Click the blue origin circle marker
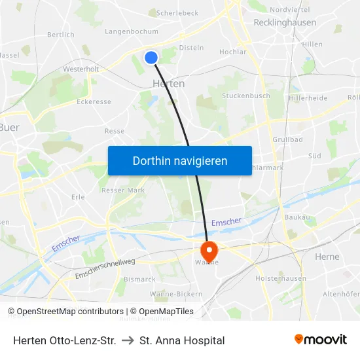[x=151, y=58]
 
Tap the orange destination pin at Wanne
[x=209, y=250]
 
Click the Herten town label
[x=168, y=84]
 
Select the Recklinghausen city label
[x=285, y=22]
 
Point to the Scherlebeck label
[x=177, y=12]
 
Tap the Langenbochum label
[x=131, y=31]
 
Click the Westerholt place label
[x=81, y=69]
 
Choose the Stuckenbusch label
[x=246, y=96]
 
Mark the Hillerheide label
[x=308, y=98]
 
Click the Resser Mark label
[x=123, y=190]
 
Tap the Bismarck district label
[x=140, y=279]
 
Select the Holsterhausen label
[x=280, y=278]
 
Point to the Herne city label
[x=327, y=257]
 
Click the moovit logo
[x=321, y=339]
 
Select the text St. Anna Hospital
[x=182, y=340]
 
